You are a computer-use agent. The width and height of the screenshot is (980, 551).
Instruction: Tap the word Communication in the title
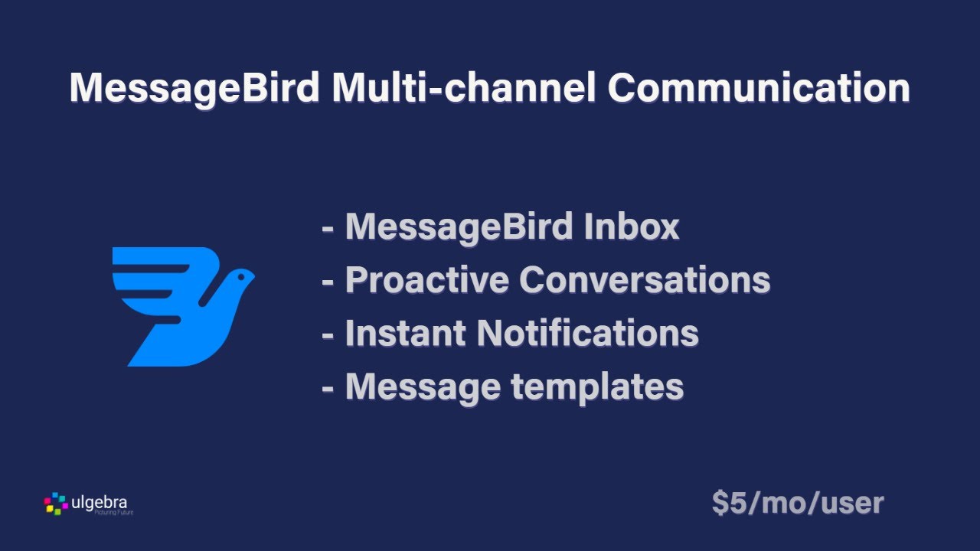pos(758,89)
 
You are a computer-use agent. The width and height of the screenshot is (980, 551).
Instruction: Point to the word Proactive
pos(426,281)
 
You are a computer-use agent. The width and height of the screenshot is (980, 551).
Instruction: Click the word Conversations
pos(644,281)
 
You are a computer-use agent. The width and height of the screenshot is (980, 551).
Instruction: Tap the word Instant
pos(405,334)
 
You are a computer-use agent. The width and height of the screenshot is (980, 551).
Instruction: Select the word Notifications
pos(587,334)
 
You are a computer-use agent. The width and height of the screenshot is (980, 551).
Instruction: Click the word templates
pos(597,387)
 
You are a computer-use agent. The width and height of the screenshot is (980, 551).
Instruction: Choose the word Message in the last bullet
pos(423,387)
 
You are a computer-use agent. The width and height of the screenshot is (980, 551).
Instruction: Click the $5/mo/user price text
pos(797,503)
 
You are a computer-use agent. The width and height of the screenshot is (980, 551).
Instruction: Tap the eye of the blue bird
pos(239,274)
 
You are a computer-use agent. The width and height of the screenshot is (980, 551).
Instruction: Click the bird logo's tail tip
pos(138,360)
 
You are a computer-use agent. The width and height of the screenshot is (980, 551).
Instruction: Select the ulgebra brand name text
pos(99,502)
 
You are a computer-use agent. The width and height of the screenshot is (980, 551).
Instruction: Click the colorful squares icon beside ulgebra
pos(56,503)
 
